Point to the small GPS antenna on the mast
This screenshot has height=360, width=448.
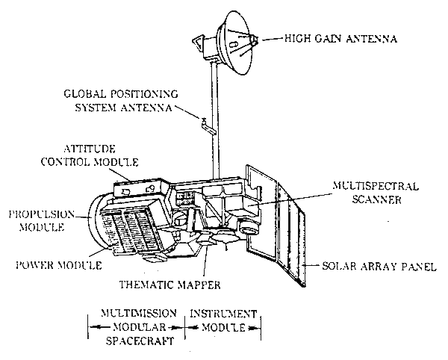tap(206, 123)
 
